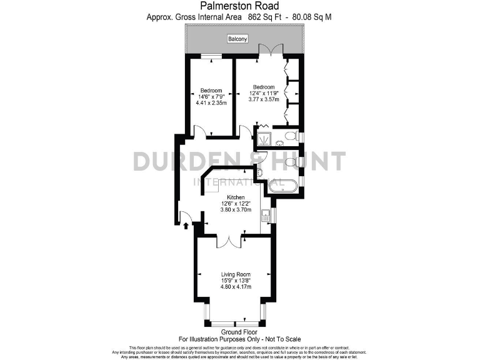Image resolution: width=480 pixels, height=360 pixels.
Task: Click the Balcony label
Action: (237, 39)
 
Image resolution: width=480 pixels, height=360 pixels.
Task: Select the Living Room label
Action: (236, 274)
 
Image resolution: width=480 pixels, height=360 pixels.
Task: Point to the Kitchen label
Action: (236, 197)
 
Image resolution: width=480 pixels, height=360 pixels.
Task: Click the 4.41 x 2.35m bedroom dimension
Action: (211, 102)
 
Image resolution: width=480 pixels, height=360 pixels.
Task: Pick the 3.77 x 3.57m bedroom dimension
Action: (264, 99)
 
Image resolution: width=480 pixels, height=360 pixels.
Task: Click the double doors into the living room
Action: (231, 241)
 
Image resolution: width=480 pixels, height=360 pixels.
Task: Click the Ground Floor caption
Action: (240, 332)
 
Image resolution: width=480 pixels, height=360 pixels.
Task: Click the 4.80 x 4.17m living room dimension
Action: (236, 287)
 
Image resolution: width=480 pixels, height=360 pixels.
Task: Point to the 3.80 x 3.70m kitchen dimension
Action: (236, 210)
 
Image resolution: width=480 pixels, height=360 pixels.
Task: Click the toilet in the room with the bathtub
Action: (289, 162)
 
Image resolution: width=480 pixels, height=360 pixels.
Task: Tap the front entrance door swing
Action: (186, 217)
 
